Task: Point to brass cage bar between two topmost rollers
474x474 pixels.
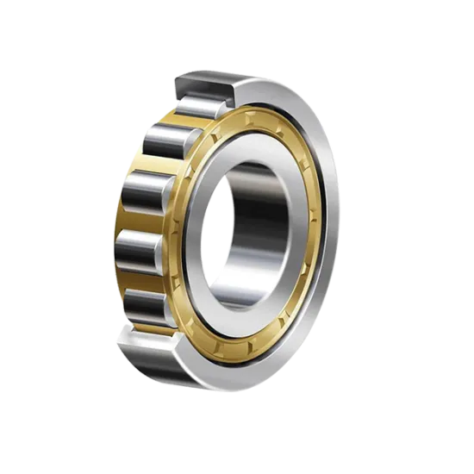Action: [x=177, y=120]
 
